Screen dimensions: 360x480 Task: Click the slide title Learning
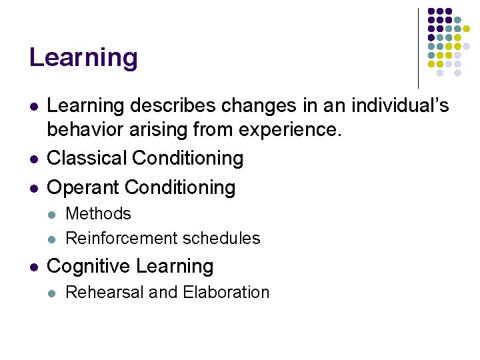tap(83, 58)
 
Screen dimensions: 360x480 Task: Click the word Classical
tap(87, 158)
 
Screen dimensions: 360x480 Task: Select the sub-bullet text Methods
tap(99, 214)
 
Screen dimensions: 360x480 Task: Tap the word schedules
tap(222, 238)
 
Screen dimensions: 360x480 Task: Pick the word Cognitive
tap(89, 266)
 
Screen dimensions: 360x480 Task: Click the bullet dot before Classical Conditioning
tap(33, 159)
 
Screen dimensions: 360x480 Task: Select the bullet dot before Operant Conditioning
tap(33, 188)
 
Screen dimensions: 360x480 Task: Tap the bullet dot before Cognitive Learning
tap(33, 267)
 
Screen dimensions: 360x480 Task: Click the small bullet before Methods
tap(53, 215)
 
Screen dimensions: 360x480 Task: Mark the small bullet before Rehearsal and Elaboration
tap(53, 293)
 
